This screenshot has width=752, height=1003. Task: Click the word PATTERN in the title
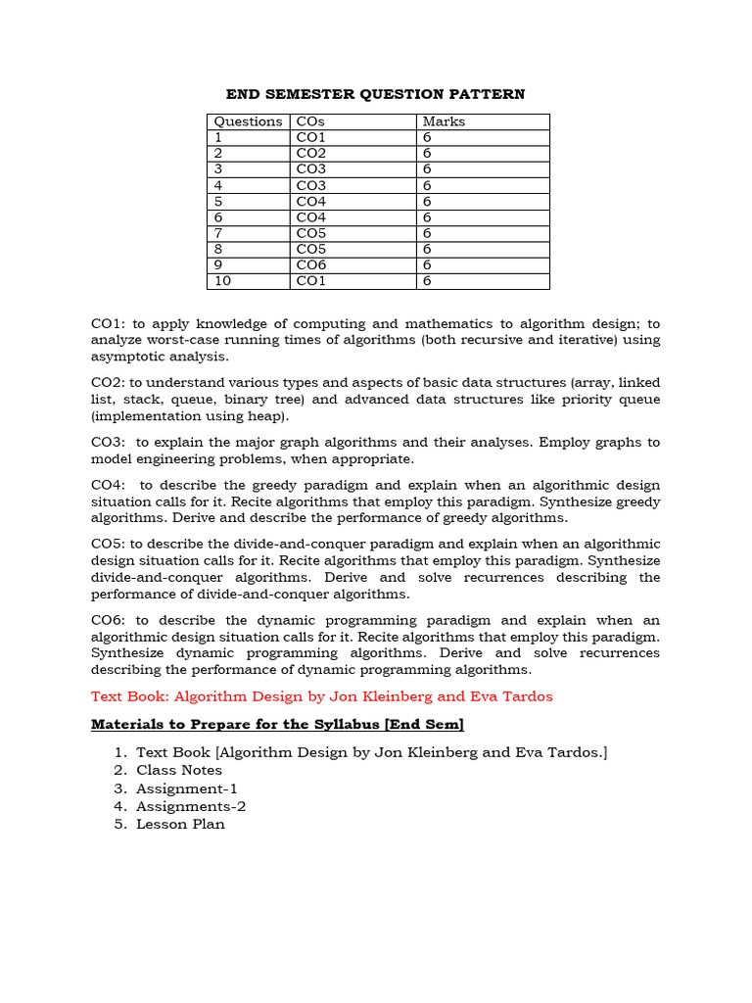tap(488, 94)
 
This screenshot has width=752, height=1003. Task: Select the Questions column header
tap(248, 121)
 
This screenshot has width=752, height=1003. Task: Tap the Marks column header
tap(444, 121)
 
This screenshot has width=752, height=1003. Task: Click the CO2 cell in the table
tap(311, 154)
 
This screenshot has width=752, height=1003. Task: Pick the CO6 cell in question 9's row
tap(311, 265)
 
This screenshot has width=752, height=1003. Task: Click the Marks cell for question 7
tap(427, 233)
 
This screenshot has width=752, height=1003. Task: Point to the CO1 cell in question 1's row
tap(311, 138)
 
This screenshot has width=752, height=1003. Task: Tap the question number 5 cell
tap(218, 202)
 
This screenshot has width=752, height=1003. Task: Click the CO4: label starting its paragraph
tap(109, 485)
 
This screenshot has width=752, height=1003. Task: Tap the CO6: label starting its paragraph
tap(109, 620)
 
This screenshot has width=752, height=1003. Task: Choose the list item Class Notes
tap(179, 770)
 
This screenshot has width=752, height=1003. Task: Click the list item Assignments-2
tap(191, 806)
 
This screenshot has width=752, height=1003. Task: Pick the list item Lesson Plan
tap(180, 824)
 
